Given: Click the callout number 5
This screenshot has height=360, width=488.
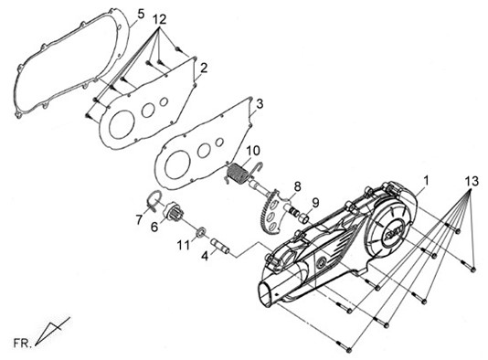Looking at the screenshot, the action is click(141, 14).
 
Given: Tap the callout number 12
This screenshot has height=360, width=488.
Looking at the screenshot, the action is click(160, 19).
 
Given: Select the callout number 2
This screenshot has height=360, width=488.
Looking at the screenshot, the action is click(204, 69).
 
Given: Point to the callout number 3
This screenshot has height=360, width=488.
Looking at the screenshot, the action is click(260, 103).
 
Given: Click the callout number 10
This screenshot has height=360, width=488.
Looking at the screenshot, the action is click(253, 151).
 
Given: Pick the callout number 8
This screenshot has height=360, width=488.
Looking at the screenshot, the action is click(297, 186).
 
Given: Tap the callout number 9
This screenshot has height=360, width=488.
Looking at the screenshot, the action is click(315, 203).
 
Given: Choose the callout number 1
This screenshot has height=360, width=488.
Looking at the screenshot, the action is click(426, 181).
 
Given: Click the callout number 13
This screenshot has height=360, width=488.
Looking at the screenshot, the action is click(472, 181).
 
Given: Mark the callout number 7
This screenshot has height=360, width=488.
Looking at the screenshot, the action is click(139, 220).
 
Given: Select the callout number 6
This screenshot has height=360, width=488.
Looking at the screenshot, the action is click(154, 227).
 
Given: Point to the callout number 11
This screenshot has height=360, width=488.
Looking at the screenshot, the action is click(184, 246).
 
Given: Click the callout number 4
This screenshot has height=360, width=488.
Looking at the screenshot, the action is click(205, 257).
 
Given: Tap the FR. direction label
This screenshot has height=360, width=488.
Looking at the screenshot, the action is click(23, 344).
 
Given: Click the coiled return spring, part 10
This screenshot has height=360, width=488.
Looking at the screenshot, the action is click(239, 174).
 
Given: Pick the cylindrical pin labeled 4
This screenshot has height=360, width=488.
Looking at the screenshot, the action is click(220, 246).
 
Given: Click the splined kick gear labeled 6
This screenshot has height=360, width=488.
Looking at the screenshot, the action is click(175, 212).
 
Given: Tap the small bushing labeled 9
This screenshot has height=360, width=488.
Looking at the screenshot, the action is click(304, 217).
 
